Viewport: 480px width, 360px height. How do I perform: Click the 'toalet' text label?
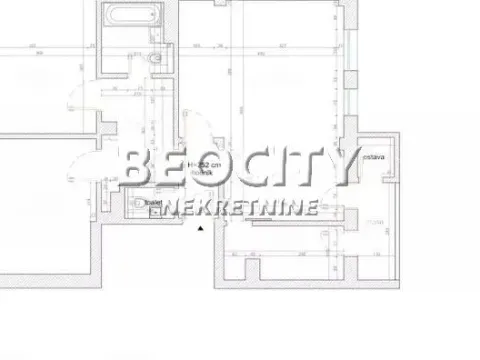tap(153, 201)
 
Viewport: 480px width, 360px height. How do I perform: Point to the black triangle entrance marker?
tap(201, 229)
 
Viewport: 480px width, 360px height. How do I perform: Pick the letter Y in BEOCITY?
tap(338, 169)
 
